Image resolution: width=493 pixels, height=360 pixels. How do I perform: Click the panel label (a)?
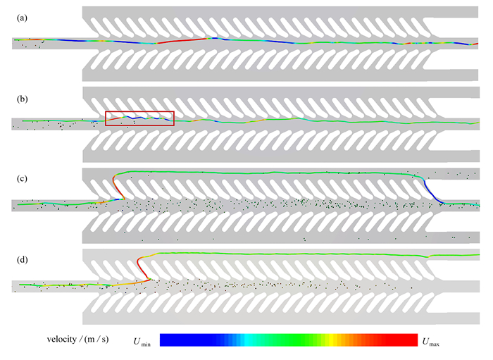pyautogui.click(x=22, y=18)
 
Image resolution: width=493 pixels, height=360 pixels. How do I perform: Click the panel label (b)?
pyautogui.click(x=22, y=99)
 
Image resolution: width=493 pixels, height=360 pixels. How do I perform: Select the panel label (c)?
pyautogui.click(x=22, y=178)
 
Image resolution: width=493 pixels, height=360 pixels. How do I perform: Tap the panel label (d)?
pyautogui.click(x=22, y=260)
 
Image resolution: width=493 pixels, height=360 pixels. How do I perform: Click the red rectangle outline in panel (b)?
pyautogui.click(x=139, y=111)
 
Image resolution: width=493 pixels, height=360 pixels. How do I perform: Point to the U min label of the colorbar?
pyautogui.click(x=142, y=342)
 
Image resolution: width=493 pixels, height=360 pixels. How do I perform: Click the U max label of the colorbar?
pyautogui.click(x=431, y=342)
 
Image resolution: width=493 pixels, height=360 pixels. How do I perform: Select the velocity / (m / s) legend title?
pyautogui.click(x=77, y=340)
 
